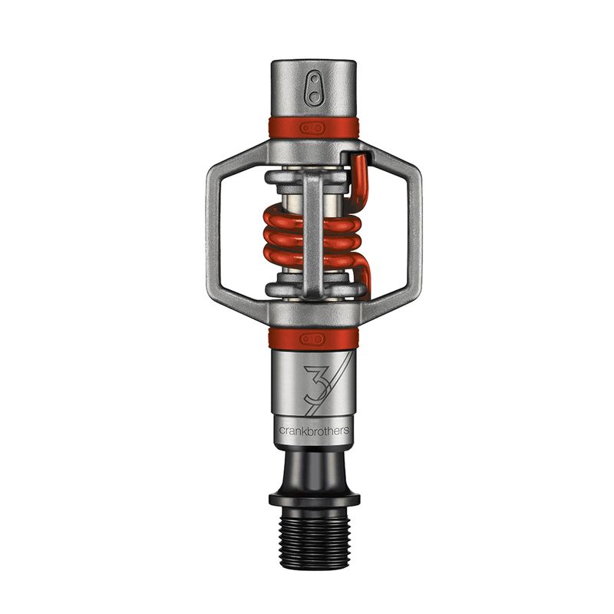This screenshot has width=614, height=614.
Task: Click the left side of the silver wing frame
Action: click(x=215, y=230)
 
